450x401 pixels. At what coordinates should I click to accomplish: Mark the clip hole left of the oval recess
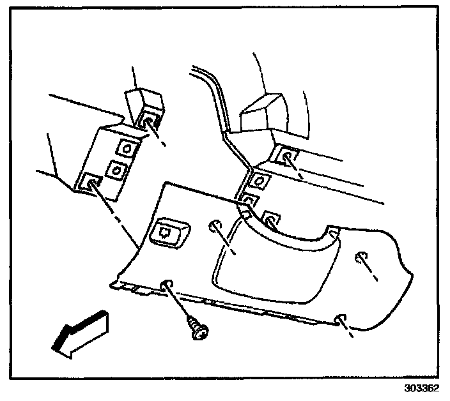(x=214, y=225)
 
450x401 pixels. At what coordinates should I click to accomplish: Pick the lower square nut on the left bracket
(x=115, y=170)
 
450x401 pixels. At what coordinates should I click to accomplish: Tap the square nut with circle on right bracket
(x=258, y=181)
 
